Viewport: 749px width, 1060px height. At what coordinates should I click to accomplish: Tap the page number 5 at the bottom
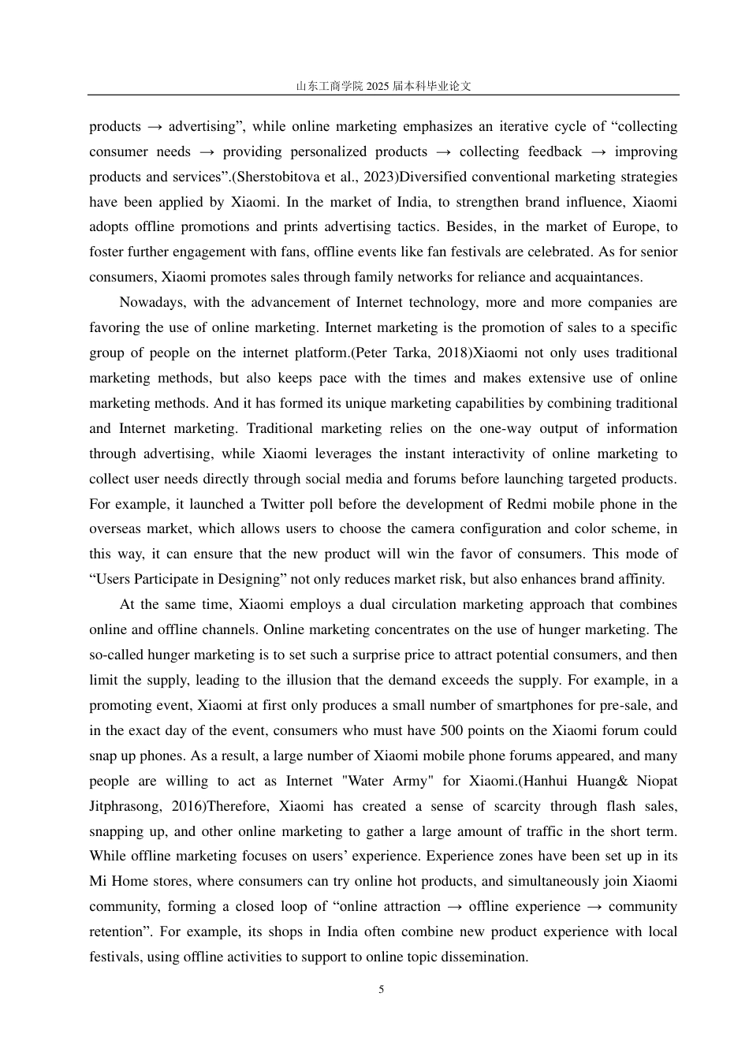pos(382,989)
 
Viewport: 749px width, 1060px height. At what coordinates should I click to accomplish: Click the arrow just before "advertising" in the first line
pos(155,127)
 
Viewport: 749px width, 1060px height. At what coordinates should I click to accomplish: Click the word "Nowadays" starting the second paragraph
pos(150,303)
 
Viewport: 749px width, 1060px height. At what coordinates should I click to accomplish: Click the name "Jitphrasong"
pos(125,807)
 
